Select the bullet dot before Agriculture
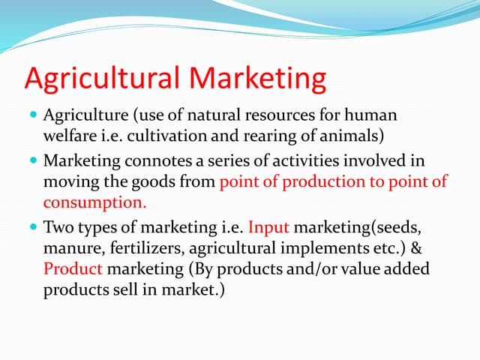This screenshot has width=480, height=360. (33, 116)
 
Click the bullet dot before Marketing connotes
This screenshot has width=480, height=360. (33, 160)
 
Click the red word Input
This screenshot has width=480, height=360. (266, 226)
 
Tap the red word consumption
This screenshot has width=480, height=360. (94, 202)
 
